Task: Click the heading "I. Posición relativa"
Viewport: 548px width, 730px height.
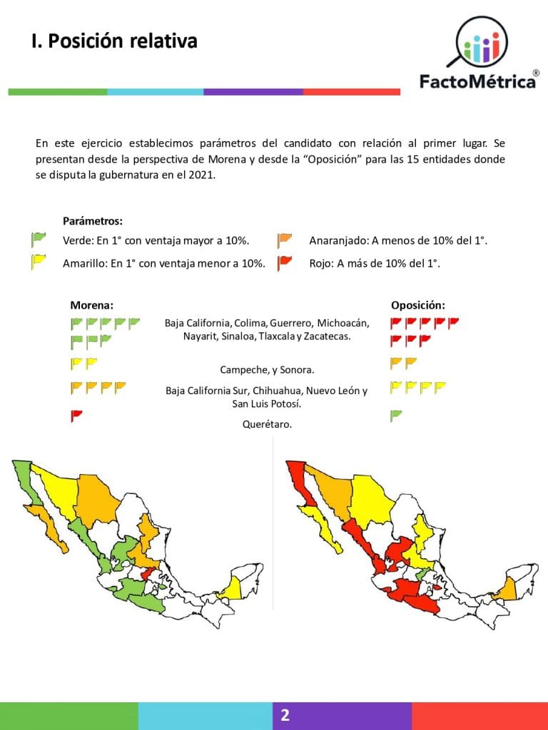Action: click(114, 41)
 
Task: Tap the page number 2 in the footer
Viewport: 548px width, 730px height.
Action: click(285, 715)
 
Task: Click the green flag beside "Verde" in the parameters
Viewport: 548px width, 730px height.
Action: click(38, 240)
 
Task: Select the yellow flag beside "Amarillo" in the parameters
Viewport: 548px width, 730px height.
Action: click(38, 262)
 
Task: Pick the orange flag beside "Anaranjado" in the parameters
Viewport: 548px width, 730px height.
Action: click(285, 240)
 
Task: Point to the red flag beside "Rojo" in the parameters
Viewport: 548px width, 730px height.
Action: click(285, 262)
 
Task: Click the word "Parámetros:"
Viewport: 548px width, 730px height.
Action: click(92, 221)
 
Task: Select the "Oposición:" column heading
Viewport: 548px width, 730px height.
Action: click(418, 305)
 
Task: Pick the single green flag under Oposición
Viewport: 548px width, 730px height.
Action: click(396, 415)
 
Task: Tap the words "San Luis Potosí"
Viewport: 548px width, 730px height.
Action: click(266, 403)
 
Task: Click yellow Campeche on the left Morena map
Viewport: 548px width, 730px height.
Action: click(233, 588)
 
